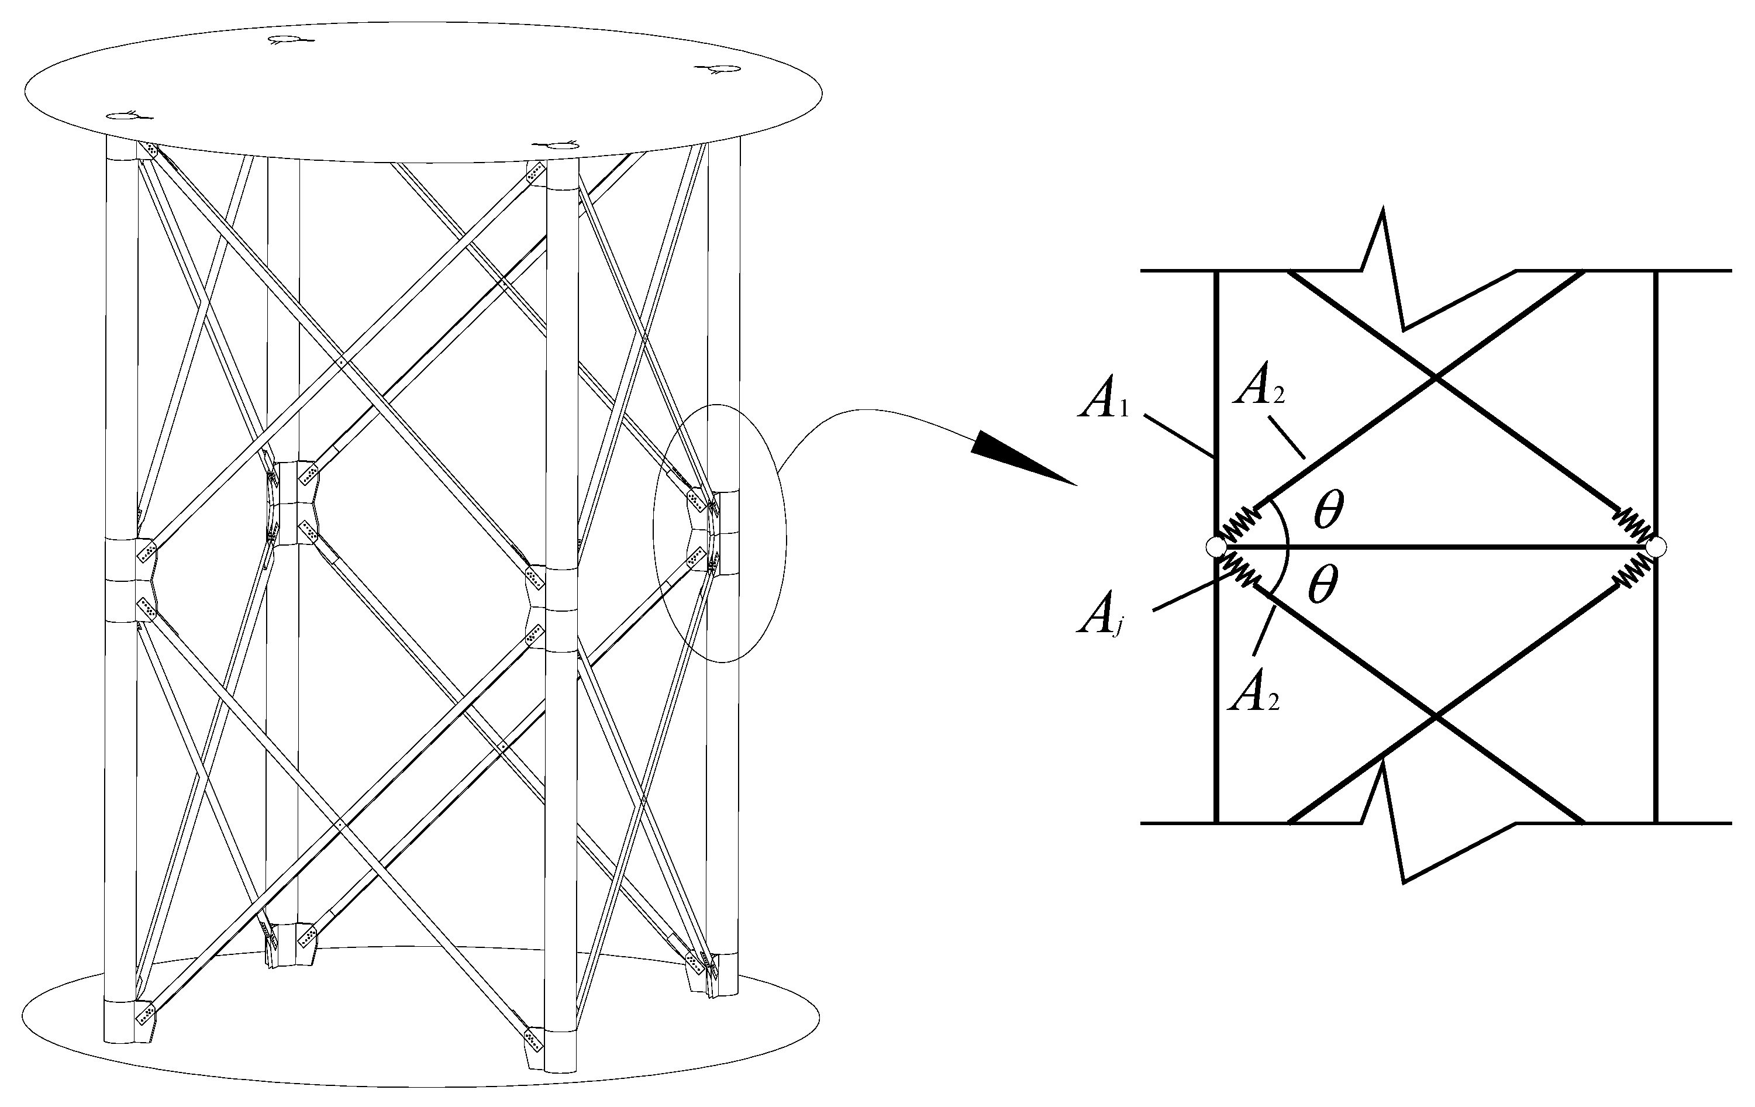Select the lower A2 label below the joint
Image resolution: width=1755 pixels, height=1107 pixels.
tap(1254, 696)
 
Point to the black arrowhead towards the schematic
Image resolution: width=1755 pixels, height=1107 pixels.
tap(1020, 457)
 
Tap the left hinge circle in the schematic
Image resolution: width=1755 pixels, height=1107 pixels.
tap(1216, 547)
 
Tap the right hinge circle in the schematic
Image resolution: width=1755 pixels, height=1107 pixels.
tap(1656, 547)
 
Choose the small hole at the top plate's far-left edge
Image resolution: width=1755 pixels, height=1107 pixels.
tap(122, 116)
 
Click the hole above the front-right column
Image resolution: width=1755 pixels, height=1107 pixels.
tap(561, 146)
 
